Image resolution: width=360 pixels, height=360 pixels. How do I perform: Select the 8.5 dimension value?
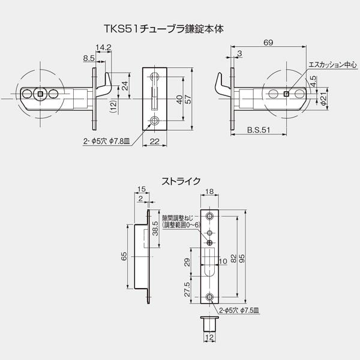click(x=89, y=58)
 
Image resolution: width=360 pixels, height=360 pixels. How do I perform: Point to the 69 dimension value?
click(x=268, y=43)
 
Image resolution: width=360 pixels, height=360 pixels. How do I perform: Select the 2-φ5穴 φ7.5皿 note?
click(x=239, y=311)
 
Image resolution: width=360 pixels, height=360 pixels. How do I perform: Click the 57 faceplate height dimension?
click(x=188, y=99)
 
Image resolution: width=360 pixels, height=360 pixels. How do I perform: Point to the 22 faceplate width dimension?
click(x=155, y=141)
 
